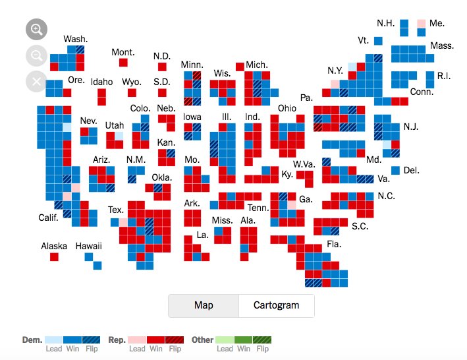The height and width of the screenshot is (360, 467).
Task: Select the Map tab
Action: [x=203, y=305]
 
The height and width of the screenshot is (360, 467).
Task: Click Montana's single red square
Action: [x=123, y=63]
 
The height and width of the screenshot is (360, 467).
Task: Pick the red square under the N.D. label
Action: [x=162, y=67]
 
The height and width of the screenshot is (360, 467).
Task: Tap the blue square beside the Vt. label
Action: [x=378, y=41]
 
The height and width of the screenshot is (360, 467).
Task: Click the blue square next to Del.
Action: [x=395, y=170]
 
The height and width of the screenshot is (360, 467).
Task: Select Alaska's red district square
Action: [x=54, y=256]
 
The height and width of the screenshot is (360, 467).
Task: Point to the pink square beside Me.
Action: [x=421, y=23]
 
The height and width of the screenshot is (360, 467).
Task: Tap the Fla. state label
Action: [x=334, y=244]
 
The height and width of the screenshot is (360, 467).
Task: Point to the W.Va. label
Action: [x=304, y=164]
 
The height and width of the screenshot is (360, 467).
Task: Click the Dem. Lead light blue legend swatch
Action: [x=54, y=340]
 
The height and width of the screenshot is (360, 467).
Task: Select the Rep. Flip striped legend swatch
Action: [x=174, y=340]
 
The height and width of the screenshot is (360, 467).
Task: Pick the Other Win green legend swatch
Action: [x=243, y=340]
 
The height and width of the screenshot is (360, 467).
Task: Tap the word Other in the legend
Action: [x=203, y=340]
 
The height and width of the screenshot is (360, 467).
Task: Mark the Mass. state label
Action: [x=442, y=45]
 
